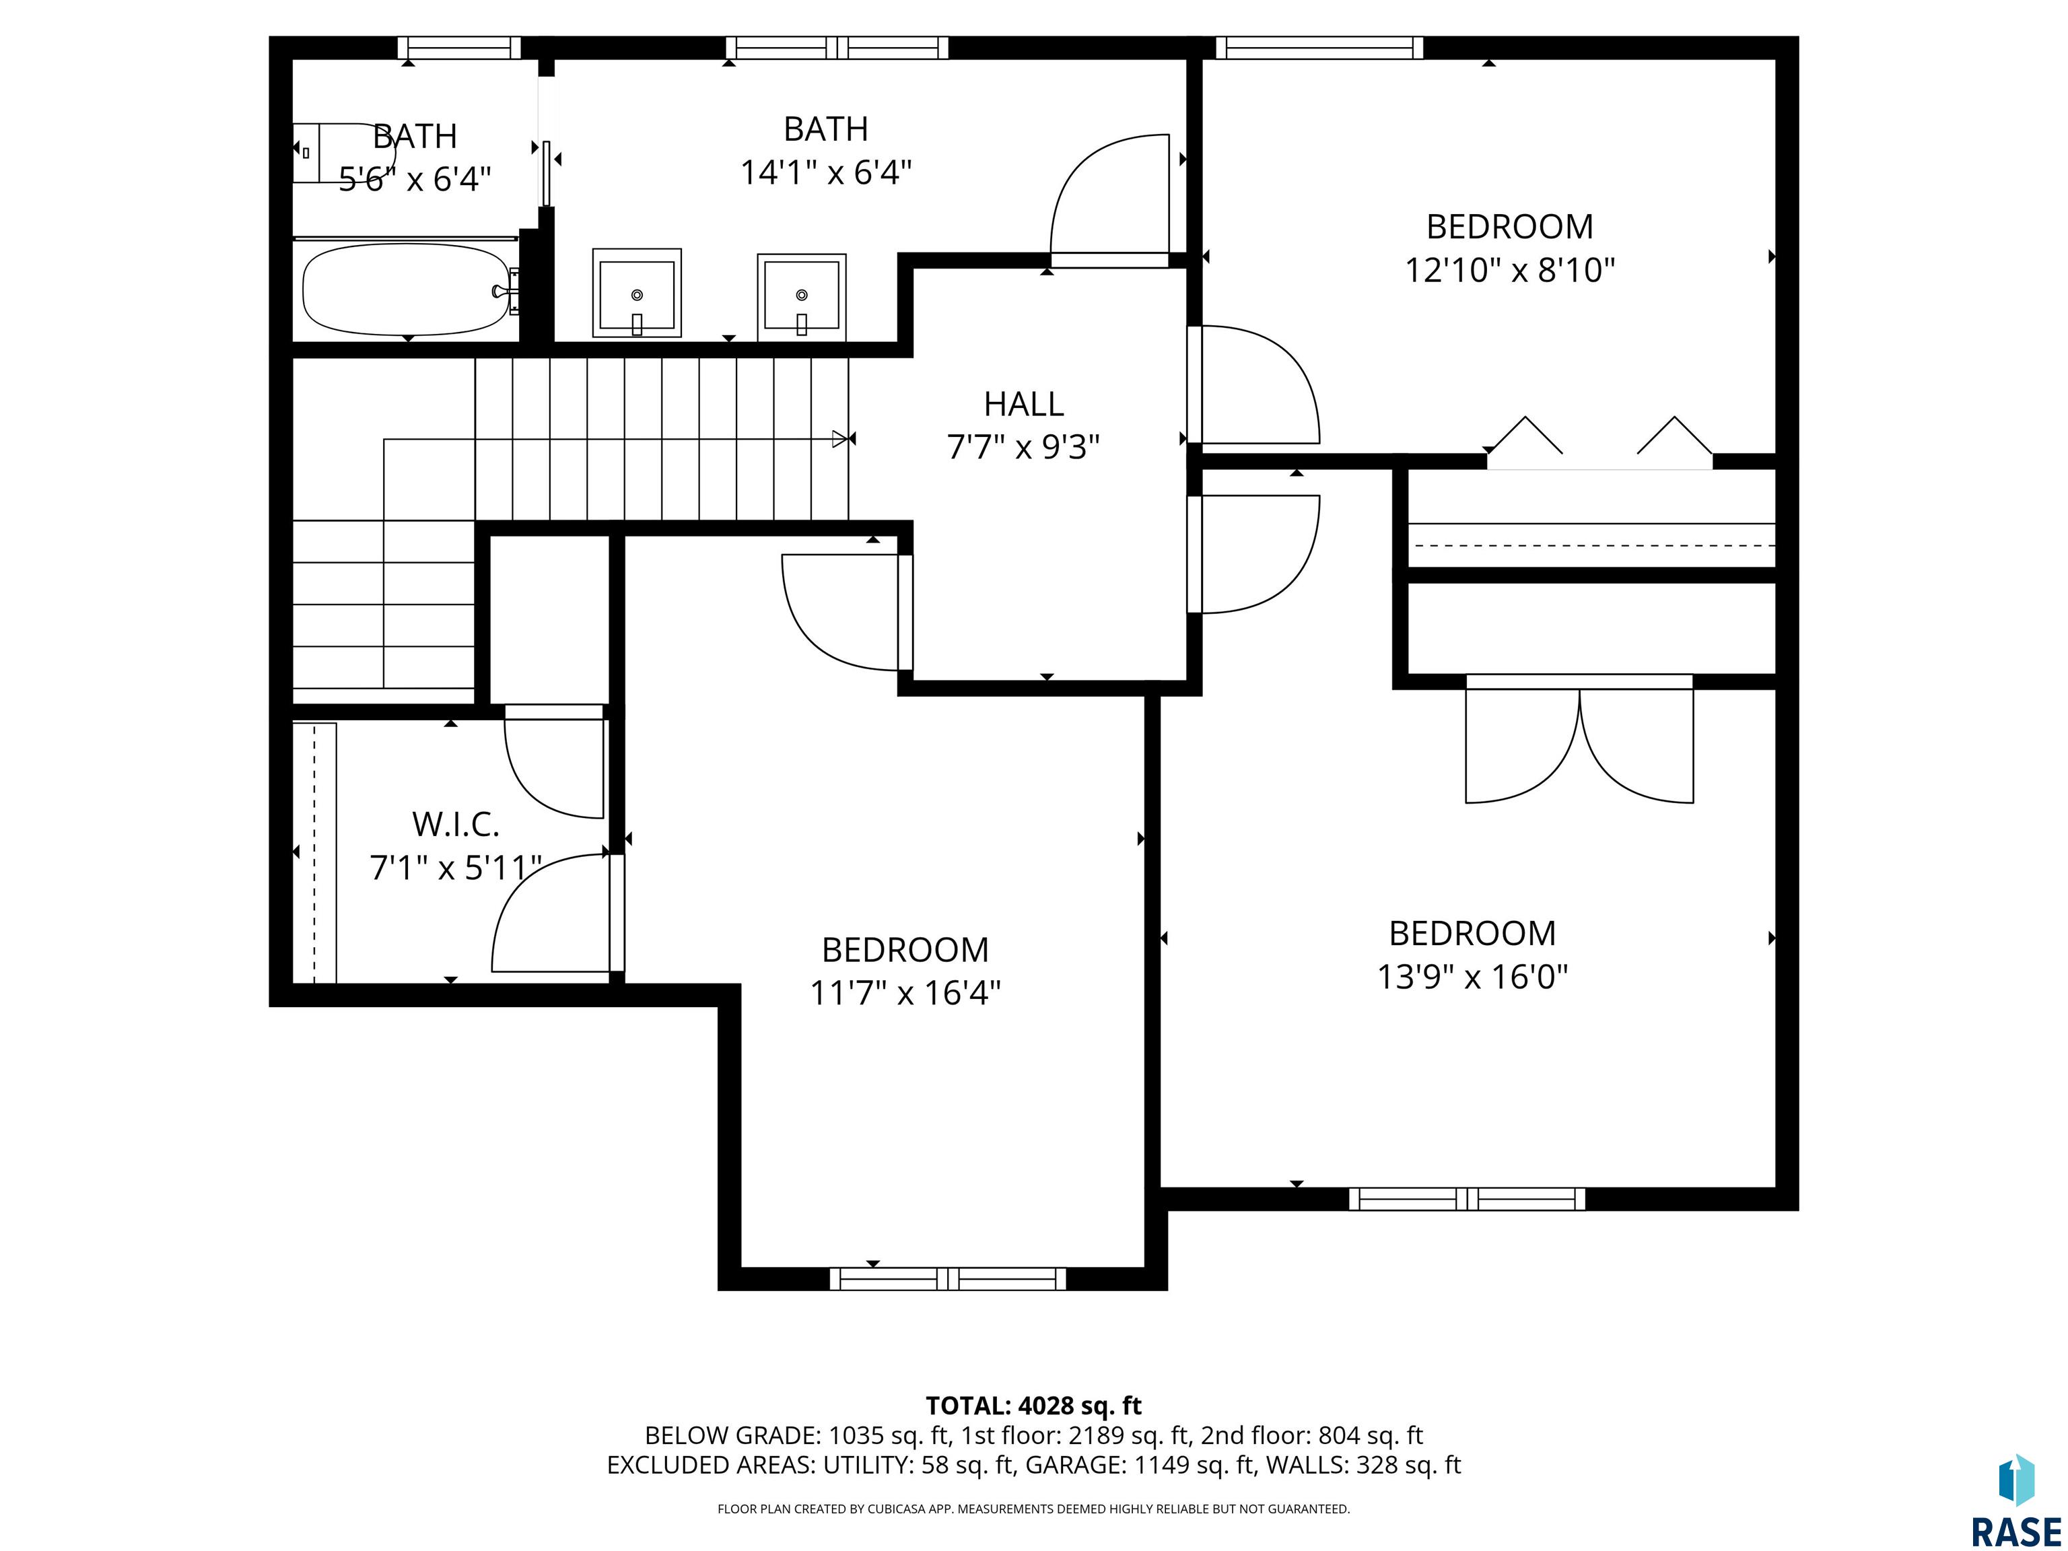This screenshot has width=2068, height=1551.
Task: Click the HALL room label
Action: point(1024,404)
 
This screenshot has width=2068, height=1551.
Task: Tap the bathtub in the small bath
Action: point(407,290)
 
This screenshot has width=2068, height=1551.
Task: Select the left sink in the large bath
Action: point(637,293)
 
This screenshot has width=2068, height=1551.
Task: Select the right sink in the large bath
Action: point(801,294)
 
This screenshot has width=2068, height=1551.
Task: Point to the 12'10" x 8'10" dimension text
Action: point(1510,270)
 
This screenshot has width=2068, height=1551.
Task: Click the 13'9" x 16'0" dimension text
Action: point(1472,977)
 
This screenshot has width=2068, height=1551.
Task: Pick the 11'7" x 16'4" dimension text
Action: point(905,992)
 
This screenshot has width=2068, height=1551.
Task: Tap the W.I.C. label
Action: point(456,825)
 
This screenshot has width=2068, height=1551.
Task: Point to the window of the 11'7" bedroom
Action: point(948,1278)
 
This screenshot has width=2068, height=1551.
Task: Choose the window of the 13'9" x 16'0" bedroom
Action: point(1467,1198)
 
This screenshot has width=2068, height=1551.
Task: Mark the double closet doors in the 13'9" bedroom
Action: point(1579,738)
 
